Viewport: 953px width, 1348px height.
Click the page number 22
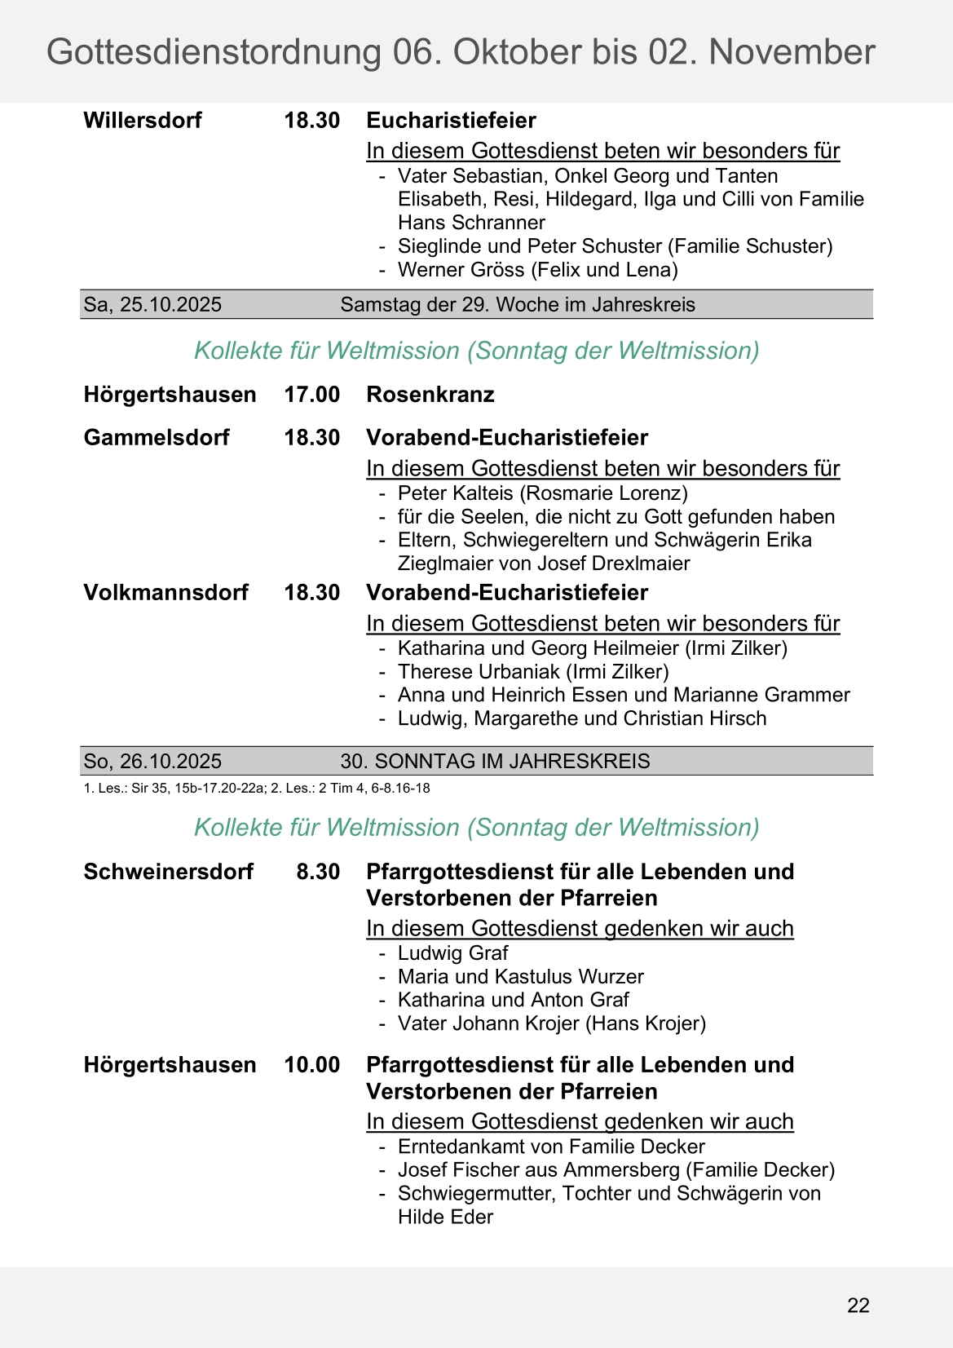(x=858, y=1306)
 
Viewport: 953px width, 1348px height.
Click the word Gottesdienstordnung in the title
(x=214, y=52)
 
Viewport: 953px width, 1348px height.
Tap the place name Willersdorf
(x=143, y=121)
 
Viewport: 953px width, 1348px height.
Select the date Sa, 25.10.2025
(x=152, y=305)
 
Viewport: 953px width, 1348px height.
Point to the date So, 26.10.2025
(x=152, y=762)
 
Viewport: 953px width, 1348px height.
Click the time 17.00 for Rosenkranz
(x=311, y=395)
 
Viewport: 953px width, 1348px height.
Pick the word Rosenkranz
(x=430, y=395)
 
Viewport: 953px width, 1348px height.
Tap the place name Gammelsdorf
(x=157, y=438)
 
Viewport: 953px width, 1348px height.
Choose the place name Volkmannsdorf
(x=165, y=593)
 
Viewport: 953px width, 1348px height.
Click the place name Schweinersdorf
(x=168, y=872)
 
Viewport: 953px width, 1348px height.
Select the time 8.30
(x=318, y=872)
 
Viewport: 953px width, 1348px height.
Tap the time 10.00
(x=311, y=1065)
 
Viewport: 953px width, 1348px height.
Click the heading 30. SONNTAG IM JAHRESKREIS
(x=495, y=762)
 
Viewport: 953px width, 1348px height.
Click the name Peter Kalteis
(x=456, y=493)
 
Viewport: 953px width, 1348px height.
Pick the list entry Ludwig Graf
(x=452, y=953)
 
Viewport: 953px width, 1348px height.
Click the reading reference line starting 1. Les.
(x=257, y=789)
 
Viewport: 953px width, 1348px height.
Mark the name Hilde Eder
(x=445, y=1218)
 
